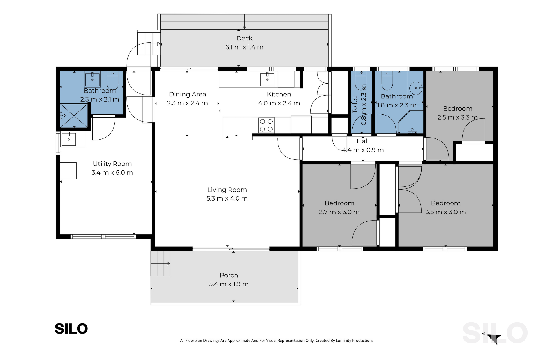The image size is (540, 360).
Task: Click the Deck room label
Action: [x=244, y=38]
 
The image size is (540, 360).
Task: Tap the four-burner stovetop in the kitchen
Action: [x=266, y=125]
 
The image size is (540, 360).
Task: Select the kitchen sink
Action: [x=267, y=79]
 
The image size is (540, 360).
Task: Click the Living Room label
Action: [x=227, y=190]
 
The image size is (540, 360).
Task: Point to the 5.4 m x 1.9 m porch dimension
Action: [x=229, y=284]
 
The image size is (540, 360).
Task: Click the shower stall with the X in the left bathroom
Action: [x=74, y=116]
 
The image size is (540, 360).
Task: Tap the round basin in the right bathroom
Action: [x=416, y=88]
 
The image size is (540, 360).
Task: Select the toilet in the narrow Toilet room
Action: [x=360, y=81]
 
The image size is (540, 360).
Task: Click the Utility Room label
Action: [x=112, y=164]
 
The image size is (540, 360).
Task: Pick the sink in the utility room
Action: [x=69, y=139]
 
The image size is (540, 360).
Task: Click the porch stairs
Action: [x=161, y=263]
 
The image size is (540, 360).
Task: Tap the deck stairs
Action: [x=149, y=44]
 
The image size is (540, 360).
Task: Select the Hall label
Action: [x=363, y=141]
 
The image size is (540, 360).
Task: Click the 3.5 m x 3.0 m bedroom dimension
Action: [x=445, y=212]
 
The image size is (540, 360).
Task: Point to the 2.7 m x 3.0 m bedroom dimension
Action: [x=339, y=212]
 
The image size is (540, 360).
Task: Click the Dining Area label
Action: [x=187, y=94]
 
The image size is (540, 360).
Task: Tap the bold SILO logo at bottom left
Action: [x=71, y=328]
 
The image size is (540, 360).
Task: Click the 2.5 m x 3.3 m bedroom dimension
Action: [x=457, y=117]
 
